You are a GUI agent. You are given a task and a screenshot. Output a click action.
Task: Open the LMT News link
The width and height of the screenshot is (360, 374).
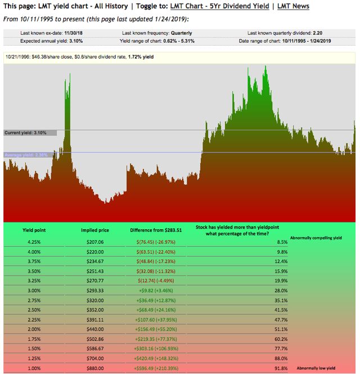[x=293, y=6]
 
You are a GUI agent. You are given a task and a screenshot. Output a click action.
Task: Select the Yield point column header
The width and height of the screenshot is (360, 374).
[x=34, y=230]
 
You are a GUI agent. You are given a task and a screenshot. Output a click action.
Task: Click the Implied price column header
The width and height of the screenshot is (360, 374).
[x=95, y=230]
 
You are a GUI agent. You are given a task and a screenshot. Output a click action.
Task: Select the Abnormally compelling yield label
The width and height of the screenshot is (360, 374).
[x=316, y=238]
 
